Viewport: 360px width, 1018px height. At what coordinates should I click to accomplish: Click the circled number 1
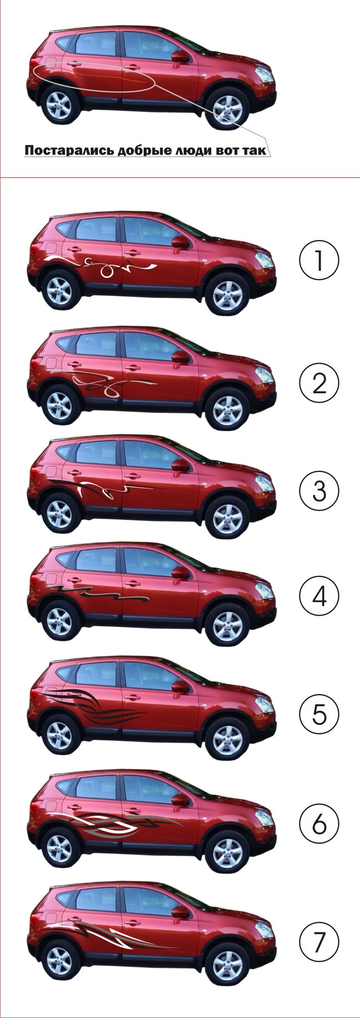319,261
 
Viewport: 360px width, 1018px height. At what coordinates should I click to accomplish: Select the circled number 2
320,383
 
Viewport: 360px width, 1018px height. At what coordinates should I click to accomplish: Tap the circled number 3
320,491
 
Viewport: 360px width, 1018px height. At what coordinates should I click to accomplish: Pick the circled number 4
320,596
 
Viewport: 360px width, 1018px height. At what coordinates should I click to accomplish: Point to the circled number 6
320,824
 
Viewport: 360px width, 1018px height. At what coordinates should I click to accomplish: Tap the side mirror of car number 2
181,356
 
